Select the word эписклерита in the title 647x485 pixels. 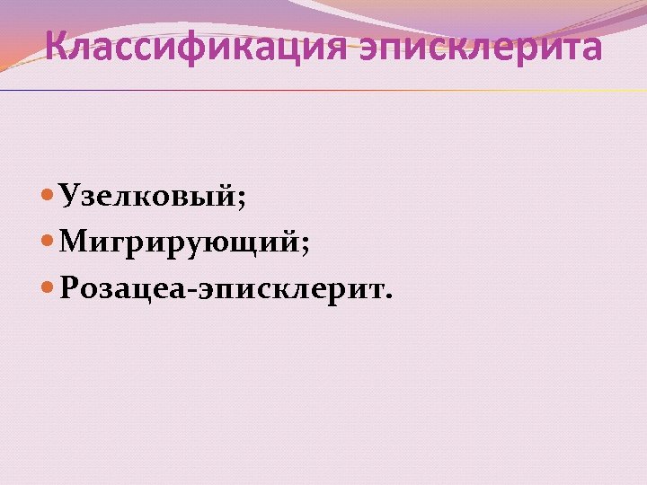coord(482,48)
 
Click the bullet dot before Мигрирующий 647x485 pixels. coord(49,242)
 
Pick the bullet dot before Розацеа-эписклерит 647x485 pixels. coord(49,289)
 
